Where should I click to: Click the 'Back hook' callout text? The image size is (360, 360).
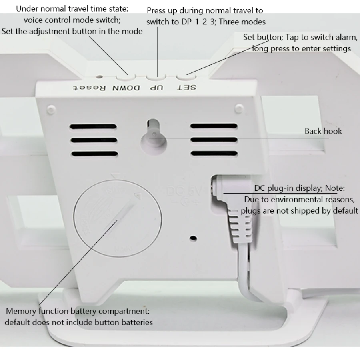(x=323, y=131)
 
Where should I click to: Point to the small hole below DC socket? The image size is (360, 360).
(x=193, y=238)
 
